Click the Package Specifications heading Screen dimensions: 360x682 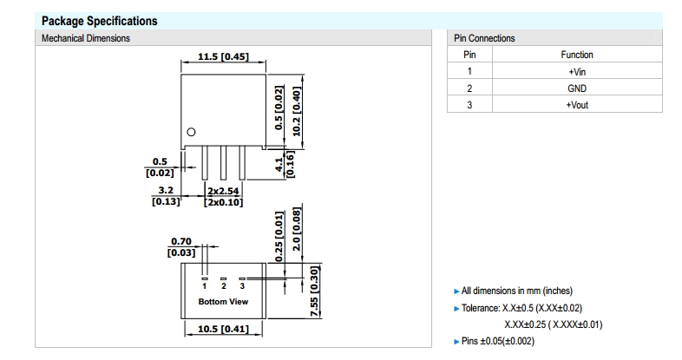[x=99, y=21]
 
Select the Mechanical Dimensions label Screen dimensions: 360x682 [x=86, y=38]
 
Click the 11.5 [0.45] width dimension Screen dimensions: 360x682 [x=223, y=56]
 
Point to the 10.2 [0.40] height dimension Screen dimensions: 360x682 [x=297, y=111]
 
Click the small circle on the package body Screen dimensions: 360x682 [x=191, y=132]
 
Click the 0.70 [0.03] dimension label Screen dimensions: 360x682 [x=180, y=246]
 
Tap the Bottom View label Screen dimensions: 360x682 [x=223, y=302]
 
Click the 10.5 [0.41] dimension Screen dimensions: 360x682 [x=223, y=329]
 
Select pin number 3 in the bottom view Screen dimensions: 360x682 [x=242, y=285]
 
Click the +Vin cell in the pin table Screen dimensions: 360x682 [x=576, y=71]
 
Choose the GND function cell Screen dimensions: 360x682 [x=576, y=88]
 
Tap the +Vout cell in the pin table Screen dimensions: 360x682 [x=576, y=105]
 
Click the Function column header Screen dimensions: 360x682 [x=576, y=55]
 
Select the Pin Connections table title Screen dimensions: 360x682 [x=484, y=38]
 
